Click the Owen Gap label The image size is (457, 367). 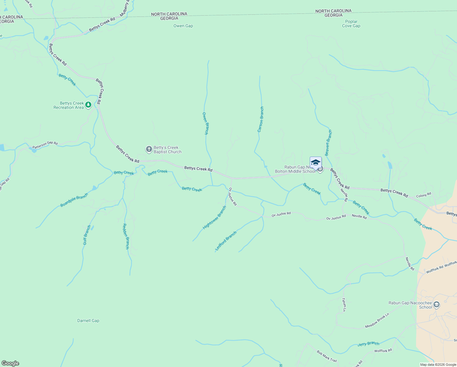click(x=183, y=26)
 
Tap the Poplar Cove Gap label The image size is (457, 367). click(x=351, y=24)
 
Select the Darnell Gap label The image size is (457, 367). click(x=88, y=321)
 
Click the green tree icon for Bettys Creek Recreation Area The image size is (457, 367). click(x=88, y=105)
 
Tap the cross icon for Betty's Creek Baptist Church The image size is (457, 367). click(x=149, y=149)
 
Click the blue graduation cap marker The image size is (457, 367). click(x=316, y=162)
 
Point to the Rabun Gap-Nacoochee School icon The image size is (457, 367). click(x=437, y=305)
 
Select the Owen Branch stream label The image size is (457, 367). click(x=205, y=124)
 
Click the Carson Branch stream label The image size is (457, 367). click(x=261, y=119)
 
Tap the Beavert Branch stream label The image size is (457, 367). click(x=328, y=143)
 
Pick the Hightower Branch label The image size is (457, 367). click(x=215, y=217)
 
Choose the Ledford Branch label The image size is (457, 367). click(x=226, y=241)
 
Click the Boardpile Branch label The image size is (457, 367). click(x=74, y=200)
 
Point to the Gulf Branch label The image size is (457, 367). click(x=87, y=235)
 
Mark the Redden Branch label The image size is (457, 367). click(x=126, y=236)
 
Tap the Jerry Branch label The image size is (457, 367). click(x=368, y=344)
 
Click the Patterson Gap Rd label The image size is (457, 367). click(x=45, y=145)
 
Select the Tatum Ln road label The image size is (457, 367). click(x=344, y=305)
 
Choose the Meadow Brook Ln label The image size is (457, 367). click(x=377, y=321)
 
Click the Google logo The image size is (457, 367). click(x=10, y=363)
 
